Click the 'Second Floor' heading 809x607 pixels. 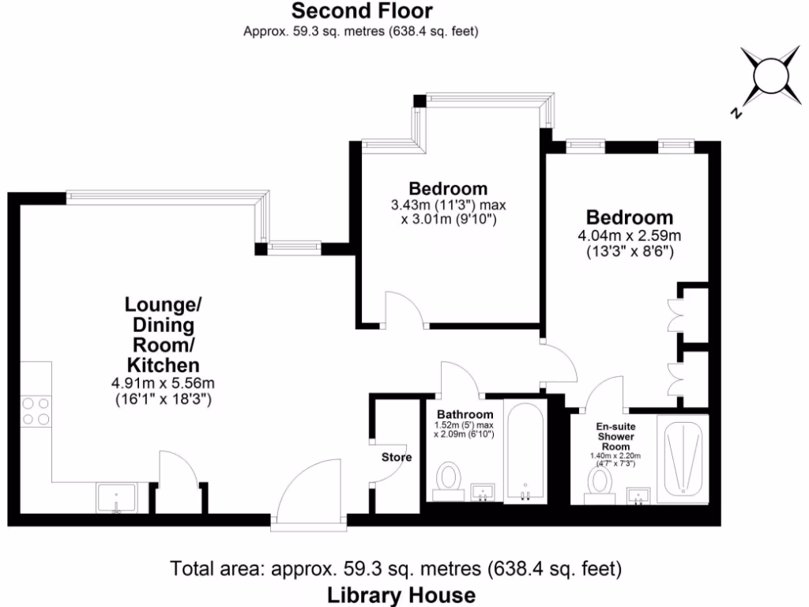(362, 11)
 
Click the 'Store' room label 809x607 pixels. (397, 457)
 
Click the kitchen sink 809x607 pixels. (116, 499)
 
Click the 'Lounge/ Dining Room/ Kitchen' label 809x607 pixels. (163, 334)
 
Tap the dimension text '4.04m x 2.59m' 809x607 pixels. (630, 236)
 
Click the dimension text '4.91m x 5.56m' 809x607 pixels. (163, 383)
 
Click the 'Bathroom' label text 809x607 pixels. (465, 414)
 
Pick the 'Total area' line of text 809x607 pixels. (397, 568)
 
